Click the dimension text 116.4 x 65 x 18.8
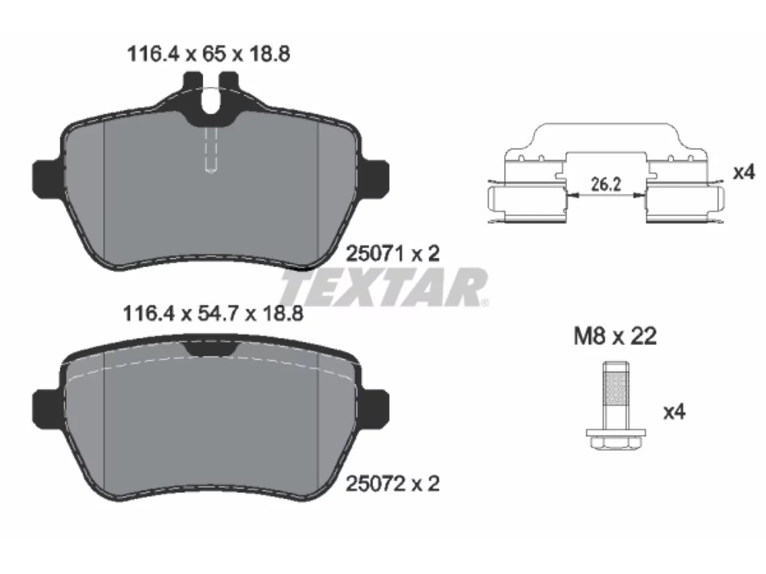209,54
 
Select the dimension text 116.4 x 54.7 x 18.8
213,314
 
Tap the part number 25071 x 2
393,254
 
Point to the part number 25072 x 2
393,484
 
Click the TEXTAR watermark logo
384,287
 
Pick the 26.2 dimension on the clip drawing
606,184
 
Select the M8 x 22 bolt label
615,336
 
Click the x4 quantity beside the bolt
674,412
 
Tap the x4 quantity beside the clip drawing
744,172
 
